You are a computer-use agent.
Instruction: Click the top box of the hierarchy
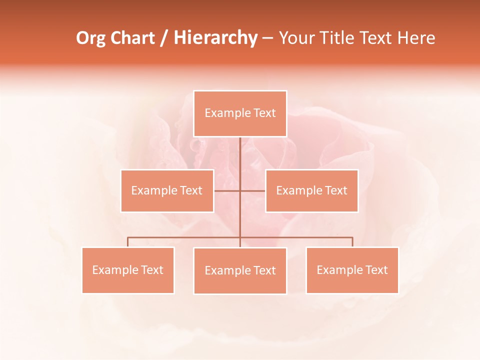(x=240, y=113)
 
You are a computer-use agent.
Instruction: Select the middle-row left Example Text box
(x=167, y=190)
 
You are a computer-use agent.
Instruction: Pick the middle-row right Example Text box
(x=311, y=190)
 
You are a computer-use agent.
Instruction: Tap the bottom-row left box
(x=128, y=270)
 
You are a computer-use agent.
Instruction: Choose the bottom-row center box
(x=240, y=270)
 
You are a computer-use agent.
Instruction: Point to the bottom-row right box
(x=352, y=270)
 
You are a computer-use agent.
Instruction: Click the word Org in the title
(x=91, y=38)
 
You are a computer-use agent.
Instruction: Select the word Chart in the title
(x=132, y=38)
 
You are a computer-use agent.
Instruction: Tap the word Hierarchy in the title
(x=215, y=38)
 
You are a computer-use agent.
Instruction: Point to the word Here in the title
(x=416, y=38)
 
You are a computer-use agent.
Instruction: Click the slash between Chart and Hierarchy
(x=164, y=38)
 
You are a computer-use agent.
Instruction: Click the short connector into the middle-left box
(x=227, y=190)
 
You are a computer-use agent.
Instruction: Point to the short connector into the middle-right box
(x=253, y=190)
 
